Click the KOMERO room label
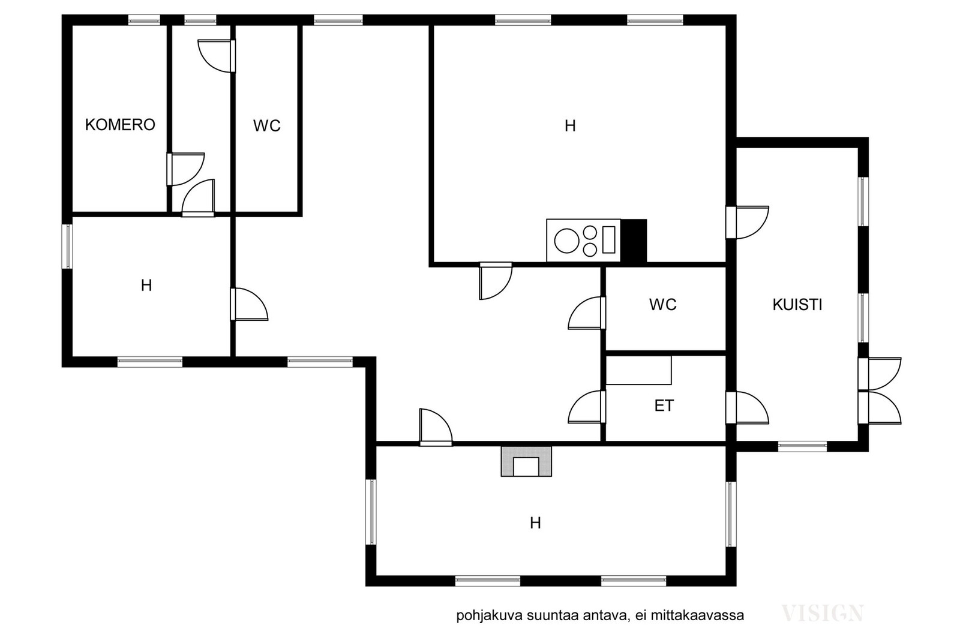[x=120, y=125]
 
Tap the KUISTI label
[x=797, y=305]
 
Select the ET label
[x=664, y=405]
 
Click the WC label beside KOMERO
[x=266, y=125]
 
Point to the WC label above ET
[x=662, y=305]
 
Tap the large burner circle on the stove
[x=566, y=241]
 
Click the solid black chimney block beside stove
[x=634, y=241]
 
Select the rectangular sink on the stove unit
[x=608, y=240]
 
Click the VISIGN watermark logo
[x=823, y=613]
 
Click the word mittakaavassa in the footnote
[x=697, y=615]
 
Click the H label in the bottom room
[x=535, y=523]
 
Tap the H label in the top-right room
[x=570, y=126]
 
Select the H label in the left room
[x=146, y=286]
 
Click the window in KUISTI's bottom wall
[x=802, y=447]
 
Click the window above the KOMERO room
[x=144, y=20]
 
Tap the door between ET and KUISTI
[x=747, y=407]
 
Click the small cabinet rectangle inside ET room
[x=638, y=370]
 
